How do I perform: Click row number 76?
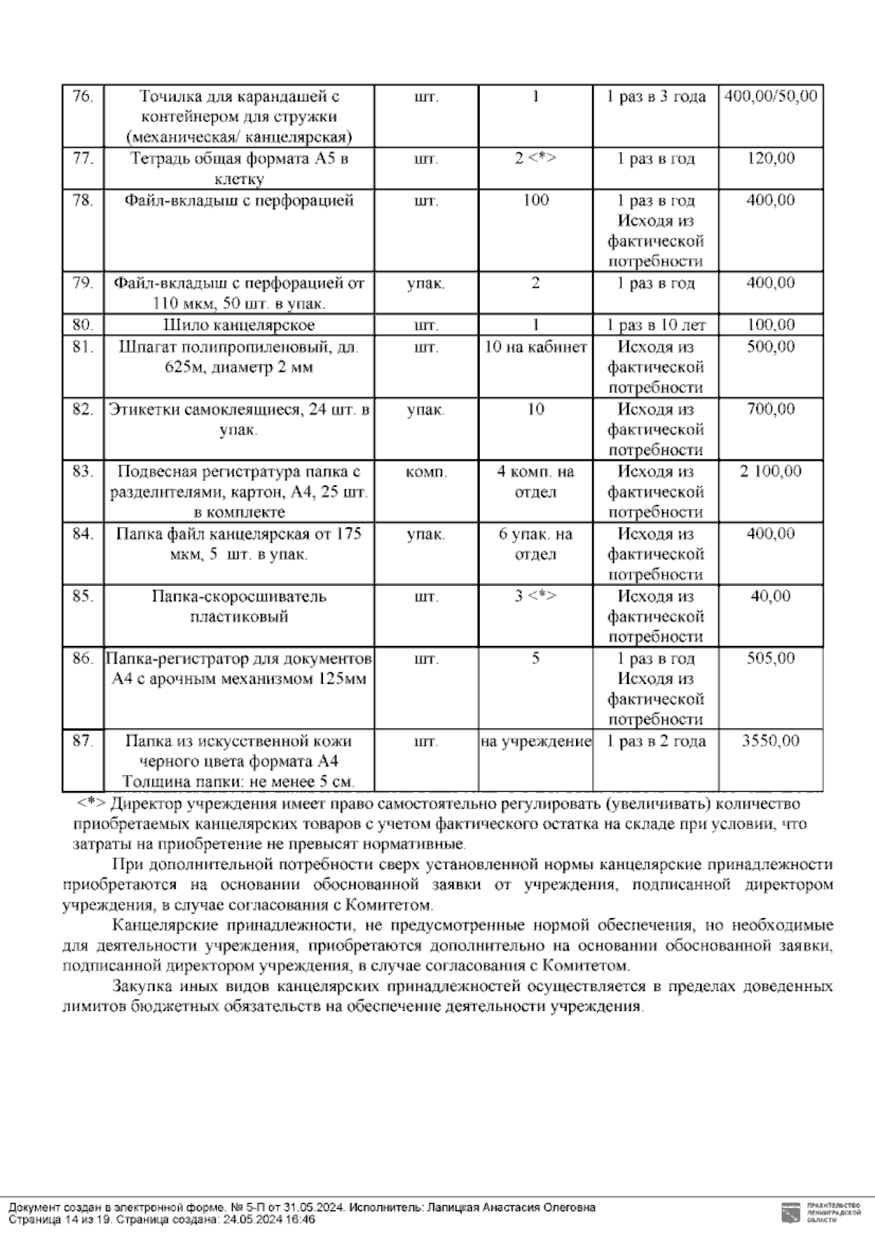83,96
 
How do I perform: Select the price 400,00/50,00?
771,96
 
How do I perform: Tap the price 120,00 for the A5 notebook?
771,159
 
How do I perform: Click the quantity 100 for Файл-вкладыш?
535,201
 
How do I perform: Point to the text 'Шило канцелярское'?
238,325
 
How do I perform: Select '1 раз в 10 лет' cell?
656,325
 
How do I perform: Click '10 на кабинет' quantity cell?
535,347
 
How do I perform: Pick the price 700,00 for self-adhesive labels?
771,409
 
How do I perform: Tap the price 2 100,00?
771,472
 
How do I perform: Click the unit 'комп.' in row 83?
426,472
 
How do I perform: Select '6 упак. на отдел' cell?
535,544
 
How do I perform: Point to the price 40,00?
771,596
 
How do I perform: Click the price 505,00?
771,659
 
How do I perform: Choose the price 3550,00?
771,741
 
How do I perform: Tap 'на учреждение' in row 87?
535,742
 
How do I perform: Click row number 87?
83,741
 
